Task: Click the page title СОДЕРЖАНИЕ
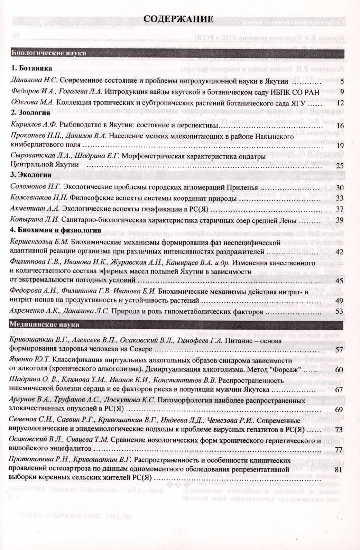(178, 19)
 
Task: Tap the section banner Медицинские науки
(45, 324)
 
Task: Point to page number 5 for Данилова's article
(341, 82)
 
